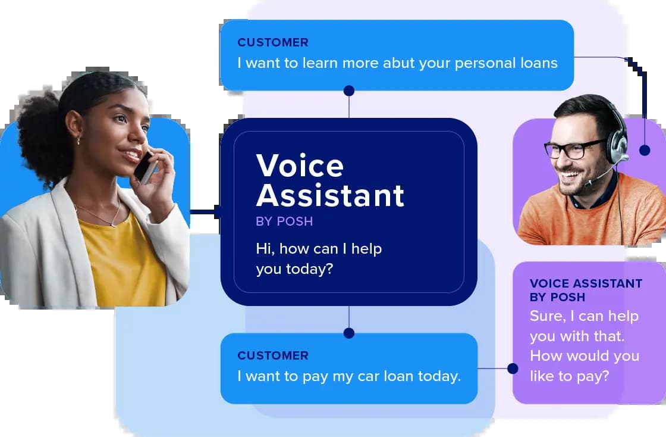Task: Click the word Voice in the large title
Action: [300, 166]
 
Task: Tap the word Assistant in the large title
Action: [330, 195]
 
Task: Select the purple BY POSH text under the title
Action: [284, 221]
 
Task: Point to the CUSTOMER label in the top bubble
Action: [273, 42]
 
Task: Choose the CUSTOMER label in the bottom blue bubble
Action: [273, 355]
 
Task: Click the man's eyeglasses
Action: [574, 149]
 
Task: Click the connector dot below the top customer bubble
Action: [349, 90]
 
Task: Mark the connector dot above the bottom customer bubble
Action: [349, 333]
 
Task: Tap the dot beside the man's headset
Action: [645, 150]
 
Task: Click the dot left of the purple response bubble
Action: [513, 369]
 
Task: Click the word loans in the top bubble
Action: [537, 63]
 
